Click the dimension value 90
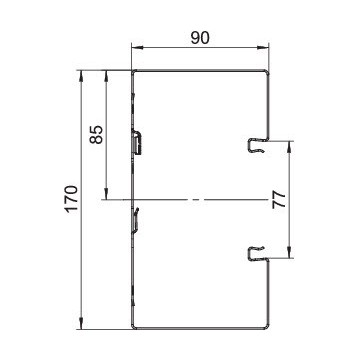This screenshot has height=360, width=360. (x=200, y=38)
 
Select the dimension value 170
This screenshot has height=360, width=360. (x=71, y=199)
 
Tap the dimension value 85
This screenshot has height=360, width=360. (x=97, y=134)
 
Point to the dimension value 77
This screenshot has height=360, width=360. (x=279, y=200)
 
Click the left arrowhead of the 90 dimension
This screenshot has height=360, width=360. (x=137, y=48)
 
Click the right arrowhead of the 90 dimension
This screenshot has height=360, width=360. (x=263, y=48)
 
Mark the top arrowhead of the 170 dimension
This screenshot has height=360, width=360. (x=81, y=76)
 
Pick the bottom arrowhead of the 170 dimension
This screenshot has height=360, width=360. (x=81, y=323)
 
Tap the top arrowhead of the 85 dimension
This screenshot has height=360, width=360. (x=106, y=76)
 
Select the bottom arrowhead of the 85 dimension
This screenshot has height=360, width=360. (x=106, y=194)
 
